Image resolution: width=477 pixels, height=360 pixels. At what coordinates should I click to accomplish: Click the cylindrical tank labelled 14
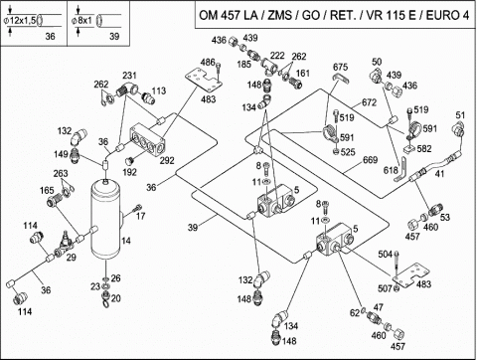(106, 219)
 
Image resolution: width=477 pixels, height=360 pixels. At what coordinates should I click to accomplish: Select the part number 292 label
(167, 161)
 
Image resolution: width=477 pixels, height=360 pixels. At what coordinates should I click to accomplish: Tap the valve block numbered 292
(147, 140)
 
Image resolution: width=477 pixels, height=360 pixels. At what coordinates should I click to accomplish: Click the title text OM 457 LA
(228, 15)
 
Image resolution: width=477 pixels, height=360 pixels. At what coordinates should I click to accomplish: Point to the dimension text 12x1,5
(23, 21)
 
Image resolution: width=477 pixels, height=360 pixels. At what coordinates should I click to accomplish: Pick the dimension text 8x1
(84, 21)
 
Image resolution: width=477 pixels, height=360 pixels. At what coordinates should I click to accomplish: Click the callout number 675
(340, 67)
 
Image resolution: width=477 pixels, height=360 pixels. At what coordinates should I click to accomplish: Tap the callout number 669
(370, 160)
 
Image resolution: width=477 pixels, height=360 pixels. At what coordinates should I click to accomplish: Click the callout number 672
(369, 102)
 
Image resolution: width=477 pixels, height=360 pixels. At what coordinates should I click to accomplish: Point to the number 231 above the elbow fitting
(129, 76)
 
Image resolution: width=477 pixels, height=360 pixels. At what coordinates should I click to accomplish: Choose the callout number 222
(277, 55)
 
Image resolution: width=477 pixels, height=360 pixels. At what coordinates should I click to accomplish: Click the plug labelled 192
(128, 161)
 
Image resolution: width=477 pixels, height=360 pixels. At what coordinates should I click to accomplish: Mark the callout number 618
(391, 170)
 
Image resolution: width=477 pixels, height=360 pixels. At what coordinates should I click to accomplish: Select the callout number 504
(386, 255)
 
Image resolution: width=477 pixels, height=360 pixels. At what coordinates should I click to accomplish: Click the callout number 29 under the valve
(72, 257)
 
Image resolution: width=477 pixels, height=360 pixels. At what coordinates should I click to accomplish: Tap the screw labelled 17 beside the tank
(137, 209)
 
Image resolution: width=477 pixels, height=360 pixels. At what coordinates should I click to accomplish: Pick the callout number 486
(208, 62)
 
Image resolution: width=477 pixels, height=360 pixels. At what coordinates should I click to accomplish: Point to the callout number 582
(424, 148)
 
